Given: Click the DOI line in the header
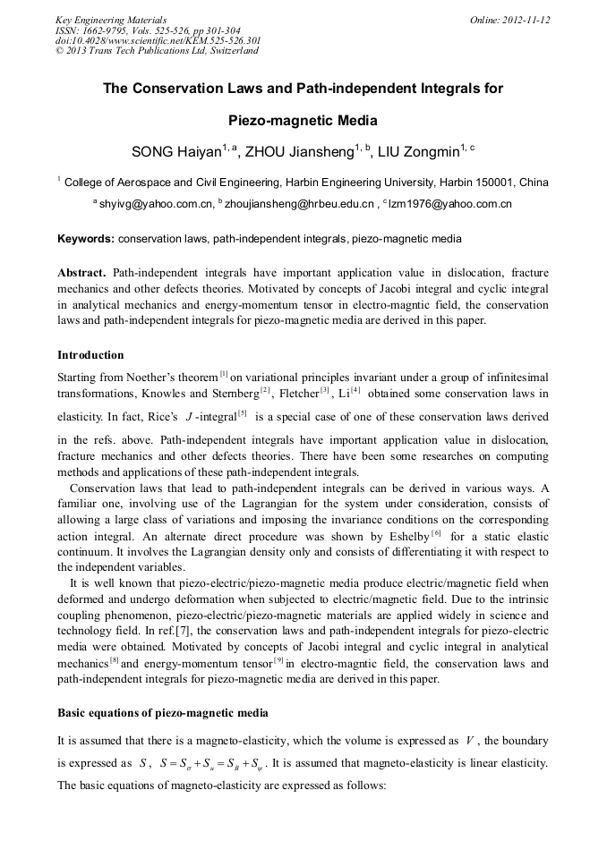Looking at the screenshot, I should tap(158, 40).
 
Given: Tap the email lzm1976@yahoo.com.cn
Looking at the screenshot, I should tap(449, 205).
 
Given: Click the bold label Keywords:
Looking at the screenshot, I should tap(86, 239).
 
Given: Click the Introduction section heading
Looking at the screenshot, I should tap(90, 355).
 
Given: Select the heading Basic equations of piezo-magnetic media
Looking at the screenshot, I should tap(162, 713).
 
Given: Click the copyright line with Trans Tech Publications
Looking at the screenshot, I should tap(157, 51).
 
